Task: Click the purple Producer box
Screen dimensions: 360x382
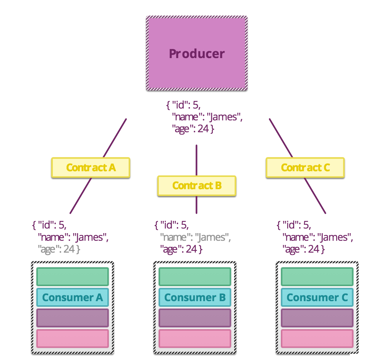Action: tap(197, 53)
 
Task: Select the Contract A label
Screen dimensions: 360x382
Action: tap(91, 168)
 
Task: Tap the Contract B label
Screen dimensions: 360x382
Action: tap(197, 186)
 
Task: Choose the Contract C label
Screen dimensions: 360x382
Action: tap(305, 168)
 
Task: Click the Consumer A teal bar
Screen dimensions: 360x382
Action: tap(73, 297)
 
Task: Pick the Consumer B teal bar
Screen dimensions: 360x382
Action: tap(195, 297)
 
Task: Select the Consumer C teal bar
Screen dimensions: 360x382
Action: tap(317, 297)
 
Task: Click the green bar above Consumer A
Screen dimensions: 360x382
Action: tap(73, 277)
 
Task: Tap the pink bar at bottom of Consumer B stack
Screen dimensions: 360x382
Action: tap(195, 338)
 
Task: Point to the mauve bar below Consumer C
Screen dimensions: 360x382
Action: tap(317, 318)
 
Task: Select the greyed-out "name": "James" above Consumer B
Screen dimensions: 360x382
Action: tap(195, 237)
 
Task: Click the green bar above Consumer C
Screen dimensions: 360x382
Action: tap(317, 277)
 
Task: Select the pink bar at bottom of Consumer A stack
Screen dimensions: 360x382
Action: tap(73, 338)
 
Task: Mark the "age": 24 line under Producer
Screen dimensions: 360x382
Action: tap(193, 129)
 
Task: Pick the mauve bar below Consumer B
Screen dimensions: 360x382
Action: tap(195, 318)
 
